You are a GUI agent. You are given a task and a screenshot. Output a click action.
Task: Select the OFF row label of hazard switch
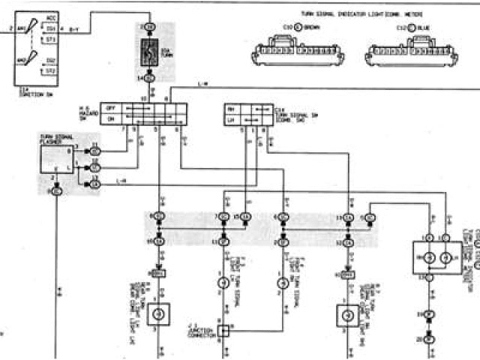pyautogui.click(x=109, y=108)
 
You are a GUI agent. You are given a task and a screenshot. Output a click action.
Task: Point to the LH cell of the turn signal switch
pyautogui.click(x=230, y=119)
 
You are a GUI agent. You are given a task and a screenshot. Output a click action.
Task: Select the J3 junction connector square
pyautogui.click(x=223, y=328)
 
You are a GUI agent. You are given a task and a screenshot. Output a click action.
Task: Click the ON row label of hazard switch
pyautogui.click(x=109, y=118)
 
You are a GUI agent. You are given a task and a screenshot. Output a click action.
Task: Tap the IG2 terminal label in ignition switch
pyautogui.click(x=50, y=61)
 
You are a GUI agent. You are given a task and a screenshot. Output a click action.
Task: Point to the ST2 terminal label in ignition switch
pyautogui.click(x=50, y=70)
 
